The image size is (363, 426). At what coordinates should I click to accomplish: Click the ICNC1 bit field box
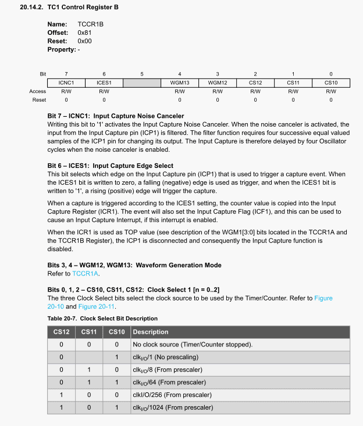(66, 83)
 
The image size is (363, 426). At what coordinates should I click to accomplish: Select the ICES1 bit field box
(104, 83)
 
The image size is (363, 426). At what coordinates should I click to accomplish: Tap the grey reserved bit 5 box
(142, 83)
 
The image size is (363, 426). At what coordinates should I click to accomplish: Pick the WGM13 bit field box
(180, 83)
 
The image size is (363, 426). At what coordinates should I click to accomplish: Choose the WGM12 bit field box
(218, 83)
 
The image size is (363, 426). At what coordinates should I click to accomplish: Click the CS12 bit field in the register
(255, 83)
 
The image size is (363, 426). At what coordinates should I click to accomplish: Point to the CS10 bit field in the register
(331, 83)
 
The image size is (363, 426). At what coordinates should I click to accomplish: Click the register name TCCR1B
(91, 25)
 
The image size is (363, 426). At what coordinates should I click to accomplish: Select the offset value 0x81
(84, 33)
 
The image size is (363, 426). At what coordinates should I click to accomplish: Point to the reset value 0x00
(84, 41)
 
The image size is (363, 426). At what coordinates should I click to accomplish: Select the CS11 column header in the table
(89, 332)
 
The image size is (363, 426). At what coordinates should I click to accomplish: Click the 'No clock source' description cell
(193, 345)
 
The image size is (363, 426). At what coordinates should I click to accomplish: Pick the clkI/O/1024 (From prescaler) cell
(173, 407)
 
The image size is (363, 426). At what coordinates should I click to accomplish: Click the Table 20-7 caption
(102, 318)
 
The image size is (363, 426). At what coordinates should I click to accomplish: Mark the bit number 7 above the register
(66, 74)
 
